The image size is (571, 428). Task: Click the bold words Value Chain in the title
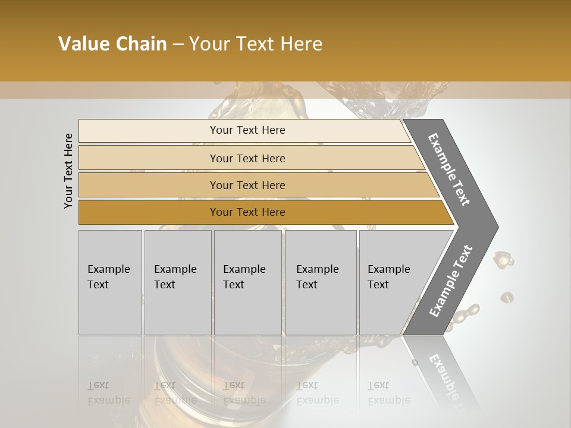click(112, 44)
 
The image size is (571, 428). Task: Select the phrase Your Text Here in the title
click(256, 44)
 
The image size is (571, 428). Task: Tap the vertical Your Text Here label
click(68, 171)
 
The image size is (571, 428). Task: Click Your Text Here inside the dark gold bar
click(247, 212)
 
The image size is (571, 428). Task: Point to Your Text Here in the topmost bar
click(247, 130)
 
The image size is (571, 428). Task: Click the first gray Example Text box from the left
click(110, 282)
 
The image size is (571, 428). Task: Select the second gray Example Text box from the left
click(177, 282)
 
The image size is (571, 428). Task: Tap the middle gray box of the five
click(247, 282)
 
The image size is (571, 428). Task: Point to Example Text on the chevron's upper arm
click(449, 169)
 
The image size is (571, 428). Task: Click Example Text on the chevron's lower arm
click(450, 281)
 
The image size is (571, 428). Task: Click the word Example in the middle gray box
click(244, 269)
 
